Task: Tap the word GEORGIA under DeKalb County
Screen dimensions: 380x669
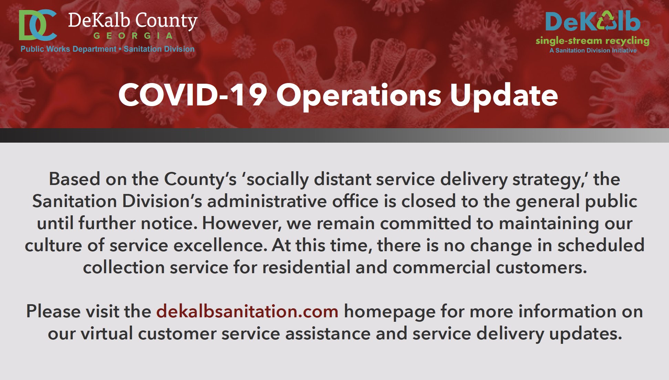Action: (x=133, y=36)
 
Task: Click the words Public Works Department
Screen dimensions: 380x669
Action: (x=68, y=49)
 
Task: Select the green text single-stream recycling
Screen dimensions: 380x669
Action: (x=592, y=41)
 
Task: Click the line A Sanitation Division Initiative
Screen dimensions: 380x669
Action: (x=593, y=50)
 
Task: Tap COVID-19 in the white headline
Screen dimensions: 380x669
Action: (x=192, y=95)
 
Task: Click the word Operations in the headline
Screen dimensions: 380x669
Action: (x=359, y=95)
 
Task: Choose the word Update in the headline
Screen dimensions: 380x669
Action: (x=504, y=95)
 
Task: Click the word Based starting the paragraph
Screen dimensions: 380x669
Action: (x=74, y=179)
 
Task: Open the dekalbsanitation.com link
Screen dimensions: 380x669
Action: (x=247, y=311)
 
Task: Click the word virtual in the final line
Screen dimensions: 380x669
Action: (x=106, y=333)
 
